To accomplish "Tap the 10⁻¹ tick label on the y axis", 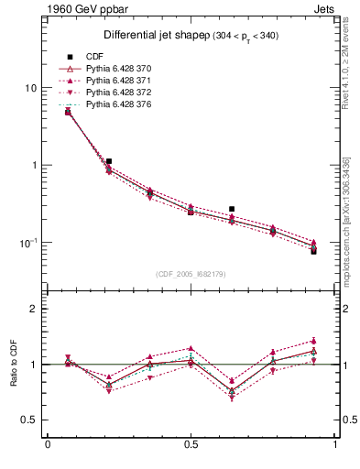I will point(27,243).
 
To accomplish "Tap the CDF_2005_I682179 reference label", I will point(191,274).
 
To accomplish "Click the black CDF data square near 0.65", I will point(232,209).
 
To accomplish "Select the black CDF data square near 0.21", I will point(109,161).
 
